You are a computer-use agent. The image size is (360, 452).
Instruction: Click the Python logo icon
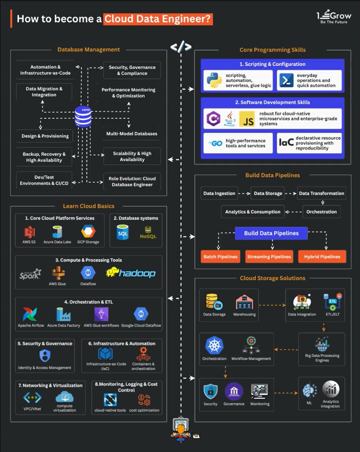coord(213,80)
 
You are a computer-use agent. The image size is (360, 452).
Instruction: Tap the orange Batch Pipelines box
coord(220,256)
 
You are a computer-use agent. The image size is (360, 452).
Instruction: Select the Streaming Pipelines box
coord(269,256)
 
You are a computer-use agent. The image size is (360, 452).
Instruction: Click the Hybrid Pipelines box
coord(322,256)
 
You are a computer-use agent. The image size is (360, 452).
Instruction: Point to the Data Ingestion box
coord(218,193)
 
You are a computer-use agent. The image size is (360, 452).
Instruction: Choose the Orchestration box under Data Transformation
coord(321,211)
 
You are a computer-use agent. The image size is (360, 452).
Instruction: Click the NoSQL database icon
coord(148,232)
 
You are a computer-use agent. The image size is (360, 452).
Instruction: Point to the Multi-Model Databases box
coord(131,134)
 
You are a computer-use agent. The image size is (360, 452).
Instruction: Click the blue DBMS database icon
coord(83,116)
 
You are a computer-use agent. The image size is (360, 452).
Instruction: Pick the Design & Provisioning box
coord(45,136)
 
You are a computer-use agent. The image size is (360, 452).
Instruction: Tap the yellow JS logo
coord(246,118)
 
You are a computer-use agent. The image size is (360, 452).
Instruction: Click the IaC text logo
coord(285,144)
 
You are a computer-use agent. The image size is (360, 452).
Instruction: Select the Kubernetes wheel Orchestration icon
coord(214,345)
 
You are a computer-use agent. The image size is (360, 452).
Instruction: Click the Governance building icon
coord(233,391)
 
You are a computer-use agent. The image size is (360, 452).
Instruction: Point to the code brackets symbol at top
coord(180,47)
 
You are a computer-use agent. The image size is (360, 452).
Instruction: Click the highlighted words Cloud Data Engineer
coord(158,19)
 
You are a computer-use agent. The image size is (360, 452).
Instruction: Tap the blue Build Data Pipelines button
coord(271,233)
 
